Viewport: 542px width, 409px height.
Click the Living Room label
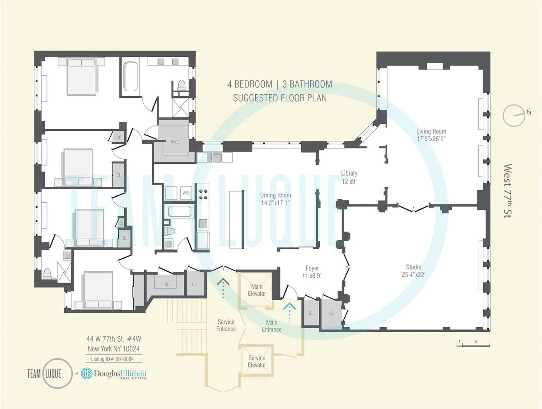pos(431,135)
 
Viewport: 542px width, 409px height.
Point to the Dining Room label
pos(272,199)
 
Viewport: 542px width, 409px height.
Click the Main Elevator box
pos(257,290)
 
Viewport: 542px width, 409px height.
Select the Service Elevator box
pos(257,361)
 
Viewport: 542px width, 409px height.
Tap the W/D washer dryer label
pos(186,193)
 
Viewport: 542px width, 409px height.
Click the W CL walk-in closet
pos(175,141)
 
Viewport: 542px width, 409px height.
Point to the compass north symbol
pos(514,116)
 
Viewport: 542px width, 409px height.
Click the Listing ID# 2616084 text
pos(113,358)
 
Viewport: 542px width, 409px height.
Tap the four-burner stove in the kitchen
pos(204,194)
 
